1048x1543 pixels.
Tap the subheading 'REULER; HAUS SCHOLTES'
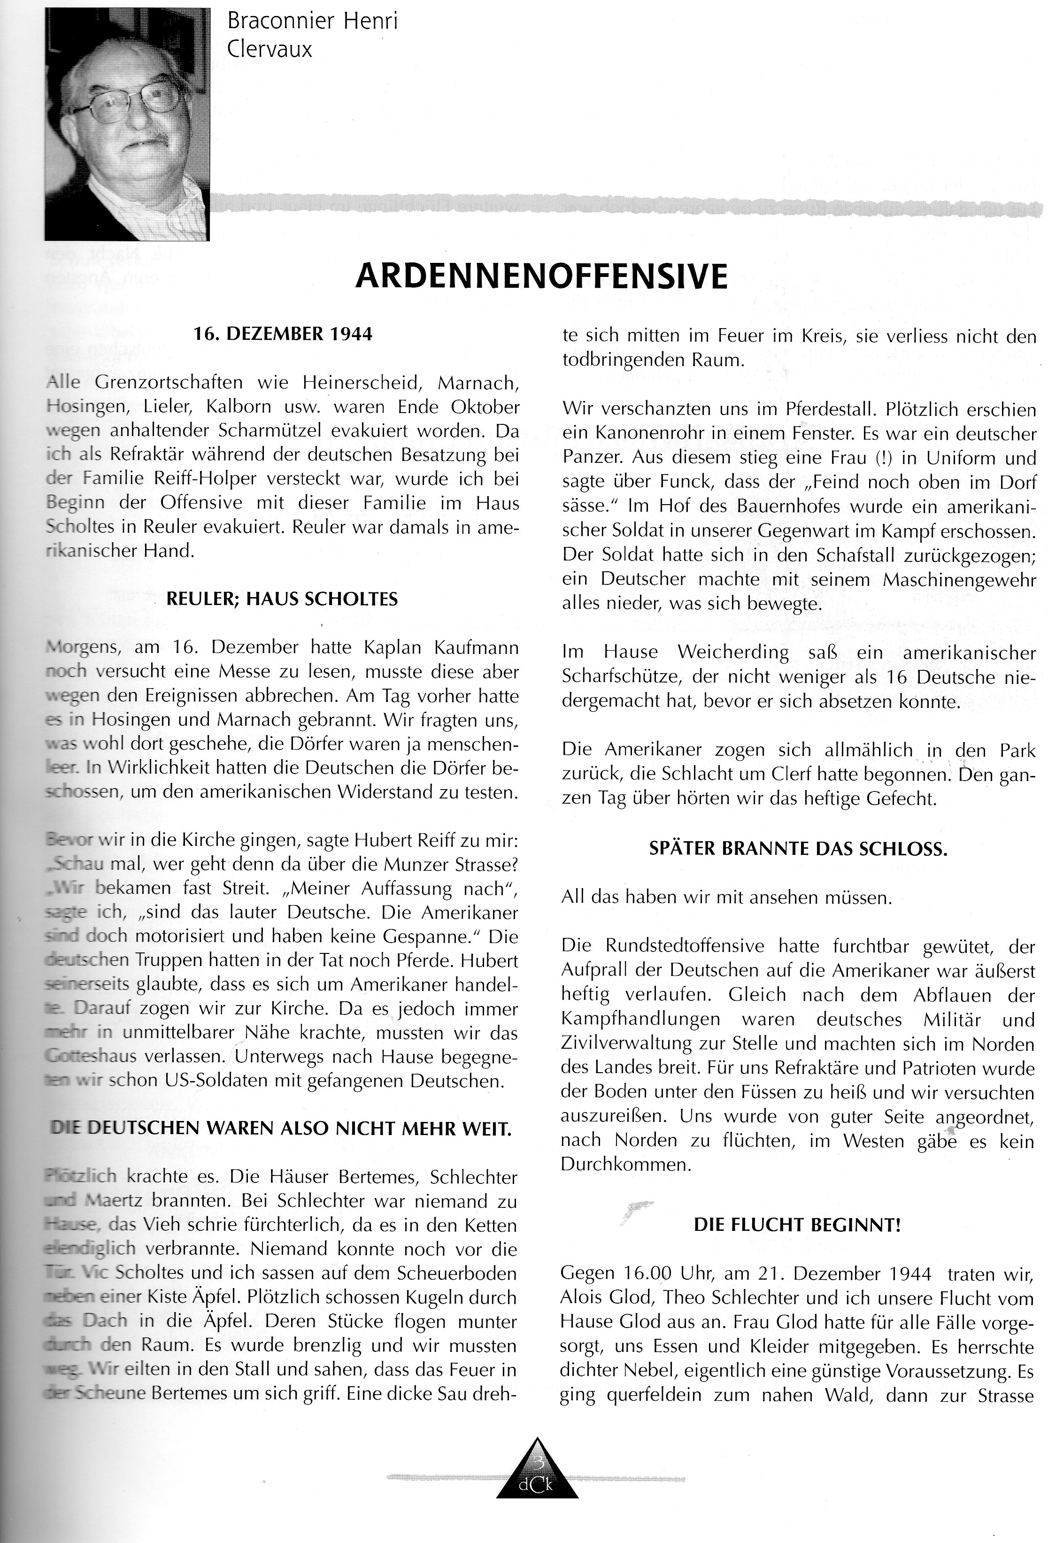click(x=282, y=599)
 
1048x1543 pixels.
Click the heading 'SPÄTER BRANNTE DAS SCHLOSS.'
click(x=798, y=849)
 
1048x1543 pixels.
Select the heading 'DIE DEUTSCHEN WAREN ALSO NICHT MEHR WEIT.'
click(x=282, y=1128)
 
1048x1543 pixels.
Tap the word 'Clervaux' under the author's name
click(x=269, y=50)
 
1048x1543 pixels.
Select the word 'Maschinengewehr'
click(x=959, y=580)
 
